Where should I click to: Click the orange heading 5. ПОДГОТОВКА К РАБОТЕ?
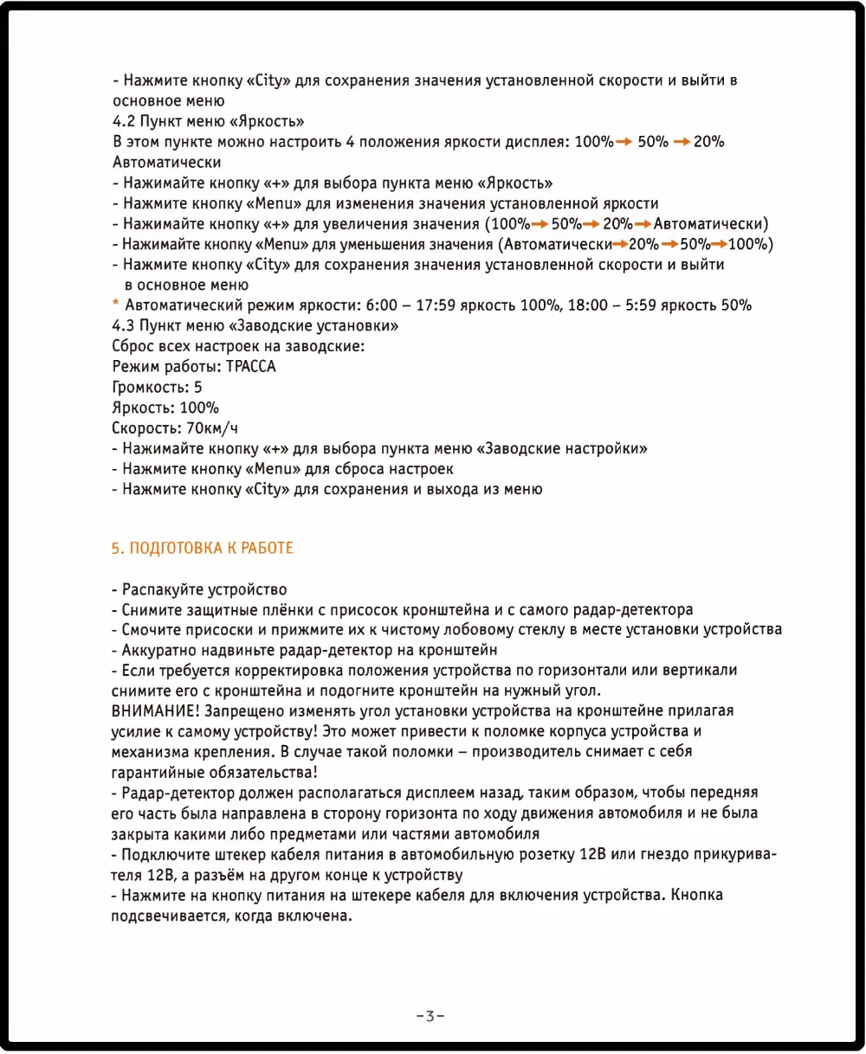[203, 549]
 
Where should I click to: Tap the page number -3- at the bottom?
[430, 1016]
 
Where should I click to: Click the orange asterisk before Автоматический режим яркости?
[116, 305]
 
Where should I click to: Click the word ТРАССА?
[250, 367]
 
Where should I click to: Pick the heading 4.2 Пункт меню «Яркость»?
[208, 121]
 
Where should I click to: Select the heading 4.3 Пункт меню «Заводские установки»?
[255, 325]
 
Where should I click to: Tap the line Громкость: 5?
[157, 387]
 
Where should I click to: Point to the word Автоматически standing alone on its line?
[166, 162]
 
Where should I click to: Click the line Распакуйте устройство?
[204, 590]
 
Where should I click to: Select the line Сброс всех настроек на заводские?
[238, 346]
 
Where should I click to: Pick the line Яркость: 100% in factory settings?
[165, 408]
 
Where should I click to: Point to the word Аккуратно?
[158, 650]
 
